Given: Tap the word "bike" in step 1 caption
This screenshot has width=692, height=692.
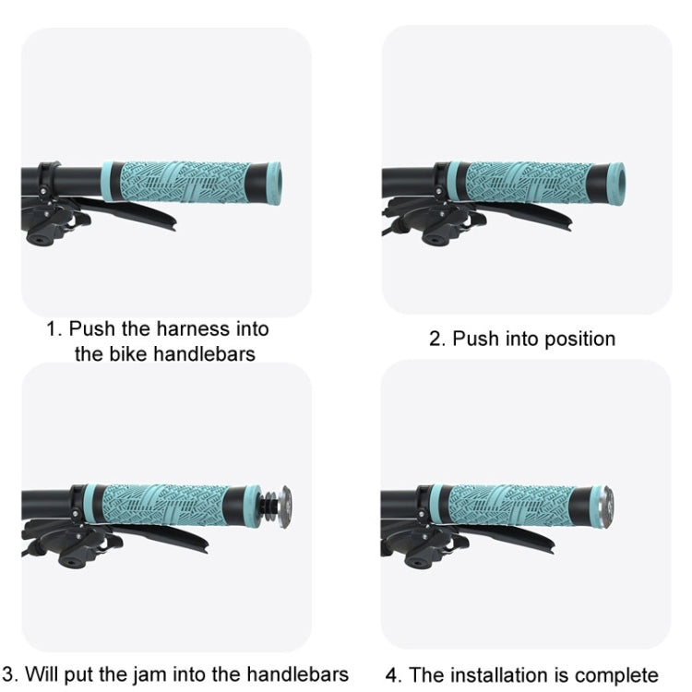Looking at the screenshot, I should tap(125, 353).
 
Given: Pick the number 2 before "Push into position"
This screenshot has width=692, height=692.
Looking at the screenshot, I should tap(435, 339).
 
